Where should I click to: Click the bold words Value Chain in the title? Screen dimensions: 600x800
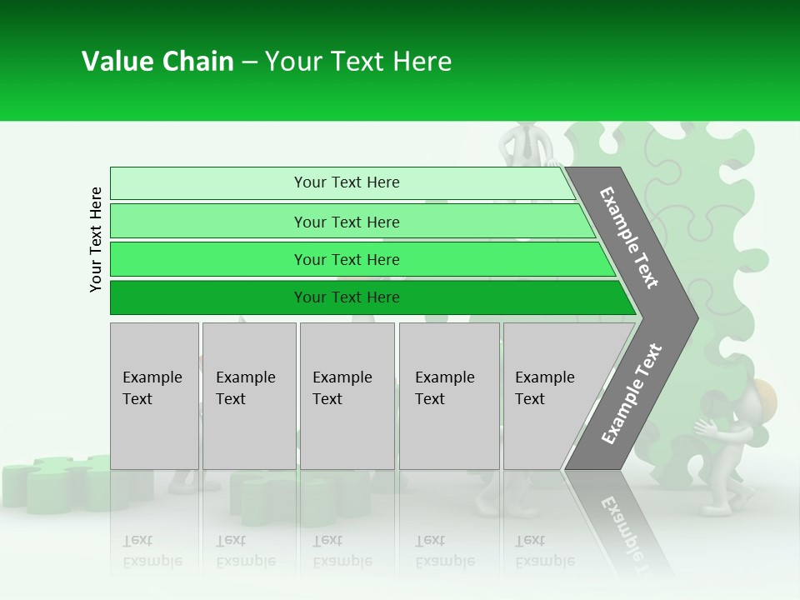pyautogui.click(x=157, y=62)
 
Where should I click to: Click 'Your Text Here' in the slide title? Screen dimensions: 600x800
pyautogui.click(x=358, y=62)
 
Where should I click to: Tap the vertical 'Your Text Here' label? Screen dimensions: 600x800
pyautogui.click(x=96, y=239)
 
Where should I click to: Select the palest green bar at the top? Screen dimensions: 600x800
pyautogui.click(x=342, y=182)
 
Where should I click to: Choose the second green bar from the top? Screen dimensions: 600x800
pyautogui.click(x=350, y=222)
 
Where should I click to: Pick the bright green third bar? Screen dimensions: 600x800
pyautogui.click(x=358, y=259)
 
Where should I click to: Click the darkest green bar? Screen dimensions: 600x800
pyautogui.click(x=367, y=297)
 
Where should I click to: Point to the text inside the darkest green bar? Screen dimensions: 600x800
pyautogui.click(x=347, y=297)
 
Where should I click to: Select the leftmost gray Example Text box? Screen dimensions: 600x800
pyautogui.click(x=154, y=396)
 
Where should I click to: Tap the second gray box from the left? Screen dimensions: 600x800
pyautogui.click(x=249, y=396)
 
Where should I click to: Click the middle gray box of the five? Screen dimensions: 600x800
pyautogui.click(x=347, y=396)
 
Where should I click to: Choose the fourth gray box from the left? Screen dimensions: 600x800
pyautogui.click(x=449, y=396)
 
